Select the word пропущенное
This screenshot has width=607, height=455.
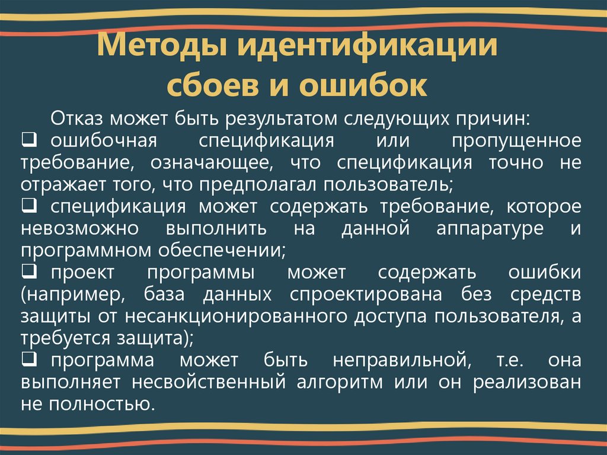coord(516,142)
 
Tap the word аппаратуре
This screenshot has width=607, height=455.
coord(490,229)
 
